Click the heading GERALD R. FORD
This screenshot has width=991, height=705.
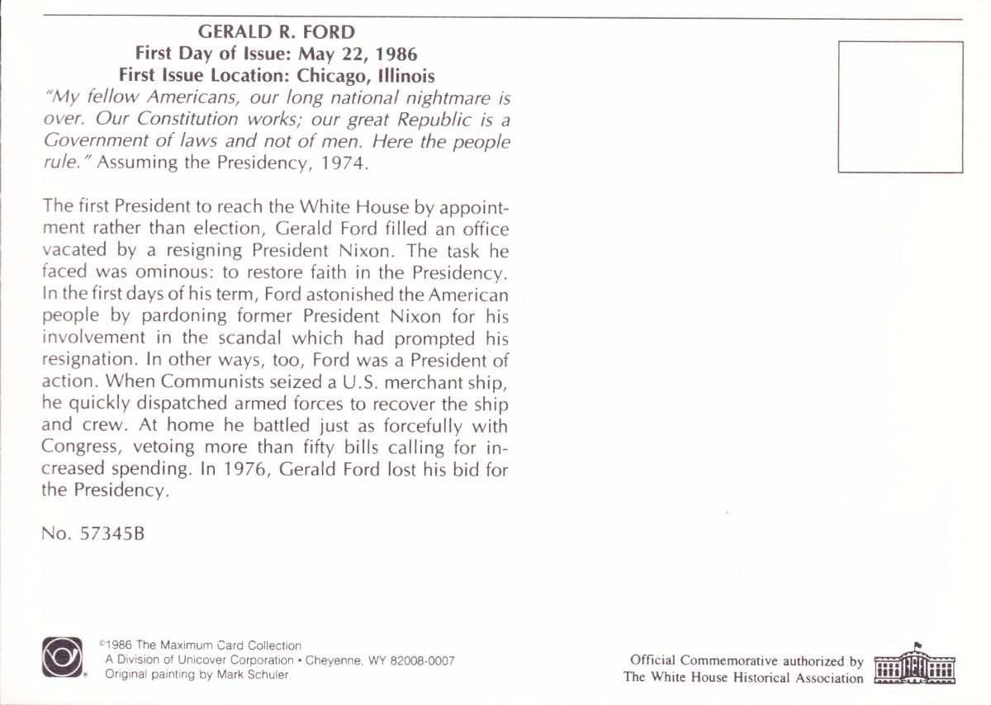(277, 32)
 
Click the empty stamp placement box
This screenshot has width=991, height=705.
(900, 106)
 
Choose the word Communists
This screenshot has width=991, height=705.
(207, 382)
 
